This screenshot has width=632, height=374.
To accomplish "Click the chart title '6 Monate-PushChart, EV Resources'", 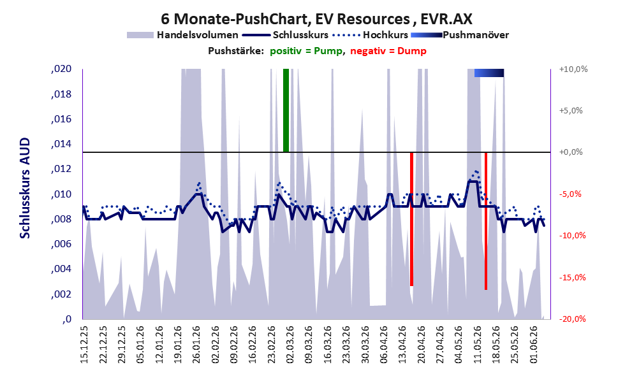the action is (x=285, y=18).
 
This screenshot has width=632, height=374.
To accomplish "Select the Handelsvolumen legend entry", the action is (x=182, y=35).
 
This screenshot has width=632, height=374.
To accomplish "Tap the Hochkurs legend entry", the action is (x=371, y=35).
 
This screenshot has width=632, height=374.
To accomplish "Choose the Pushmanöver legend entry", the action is (x=460, y=35).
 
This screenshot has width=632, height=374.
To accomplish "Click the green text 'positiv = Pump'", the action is (x=306, y=51).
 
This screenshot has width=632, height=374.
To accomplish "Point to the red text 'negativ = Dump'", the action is (x=388, y=51).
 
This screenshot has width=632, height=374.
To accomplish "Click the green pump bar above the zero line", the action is (x=286, y=110).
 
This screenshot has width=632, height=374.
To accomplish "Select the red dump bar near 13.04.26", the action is (x=411, y=219).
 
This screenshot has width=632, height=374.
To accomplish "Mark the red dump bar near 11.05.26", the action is (x=486, y=221).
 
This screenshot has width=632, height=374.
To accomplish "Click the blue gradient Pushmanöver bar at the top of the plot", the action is (x=489, y=73).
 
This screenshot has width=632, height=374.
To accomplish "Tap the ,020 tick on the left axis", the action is (x=61, y=69).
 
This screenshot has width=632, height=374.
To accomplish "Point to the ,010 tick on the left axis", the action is (x=61, y=194).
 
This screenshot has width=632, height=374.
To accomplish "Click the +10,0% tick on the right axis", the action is (x=573, y=69).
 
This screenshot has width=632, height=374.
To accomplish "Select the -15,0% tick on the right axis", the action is (x=572, y=277).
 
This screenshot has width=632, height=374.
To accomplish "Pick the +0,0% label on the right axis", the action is (x=571, y=152).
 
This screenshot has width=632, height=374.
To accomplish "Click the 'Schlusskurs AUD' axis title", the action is (x=25, y=188).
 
